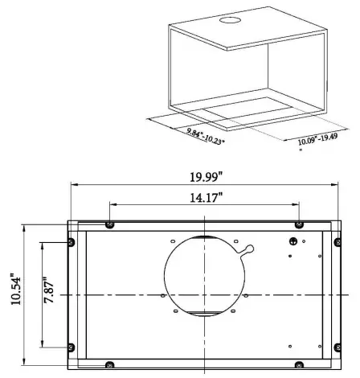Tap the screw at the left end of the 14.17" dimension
[111, 224]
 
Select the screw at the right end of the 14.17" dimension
[299, 224]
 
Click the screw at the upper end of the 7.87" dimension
[71, 242]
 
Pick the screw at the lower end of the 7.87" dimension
[71, 347]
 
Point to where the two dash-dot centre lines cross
[205, 295]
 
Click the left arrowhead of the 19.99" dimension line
[74, 183]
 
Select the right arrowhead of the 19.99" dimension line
[335, 183]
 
